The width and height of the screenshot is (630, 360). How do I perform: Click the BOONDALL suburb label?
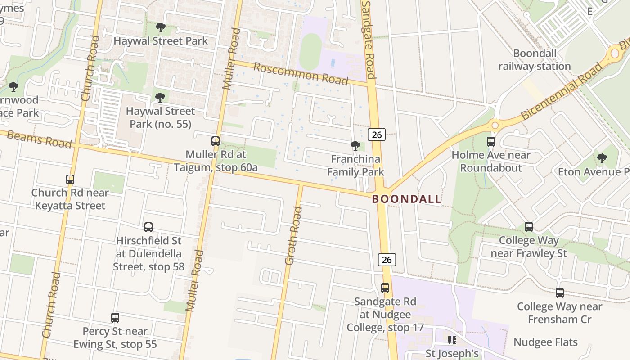407,199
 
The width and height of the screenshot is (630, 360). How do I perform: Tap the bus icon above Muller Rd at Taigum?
216,141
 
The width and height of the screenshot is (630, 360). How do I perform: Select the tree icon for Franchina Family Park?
355,146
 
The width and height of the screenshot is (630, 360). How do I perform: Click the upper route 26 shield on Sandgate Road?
376,134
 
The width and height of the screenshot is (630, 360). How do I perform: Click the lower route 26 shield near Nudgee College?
387,259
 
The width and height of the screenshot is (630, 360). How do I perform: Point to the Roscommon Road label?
301,74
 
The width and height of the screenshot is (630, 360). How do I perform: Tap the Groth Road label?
292,235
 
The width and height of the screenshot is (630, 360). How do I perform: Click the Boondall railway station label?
535,60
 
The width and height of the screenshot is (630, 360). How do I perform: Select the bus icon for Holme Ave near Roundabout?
491,142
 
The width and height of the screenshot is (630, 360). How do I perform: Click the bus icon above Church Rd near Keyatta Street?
70,180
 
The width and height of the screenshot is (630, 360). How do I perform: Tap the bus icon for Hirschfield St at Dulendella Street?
148,227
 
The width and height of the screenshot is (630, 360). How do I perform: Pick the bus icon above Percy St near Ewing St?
115,318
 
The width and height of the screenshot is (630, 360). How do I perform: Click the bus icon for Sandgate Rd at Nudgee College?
385,288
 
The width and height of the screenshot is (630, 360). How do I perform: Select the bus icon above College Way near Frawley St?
529,227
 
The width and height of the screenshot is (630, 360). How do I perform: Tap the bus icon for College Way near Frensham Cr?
559,293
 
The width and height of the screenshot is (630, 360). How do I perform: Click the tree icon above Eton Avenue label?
602,158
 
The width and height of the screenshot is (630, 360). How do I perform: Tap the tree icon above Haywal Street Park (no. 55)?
160,98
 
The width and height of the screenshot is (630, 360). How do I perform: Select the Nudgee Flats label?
545,342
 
